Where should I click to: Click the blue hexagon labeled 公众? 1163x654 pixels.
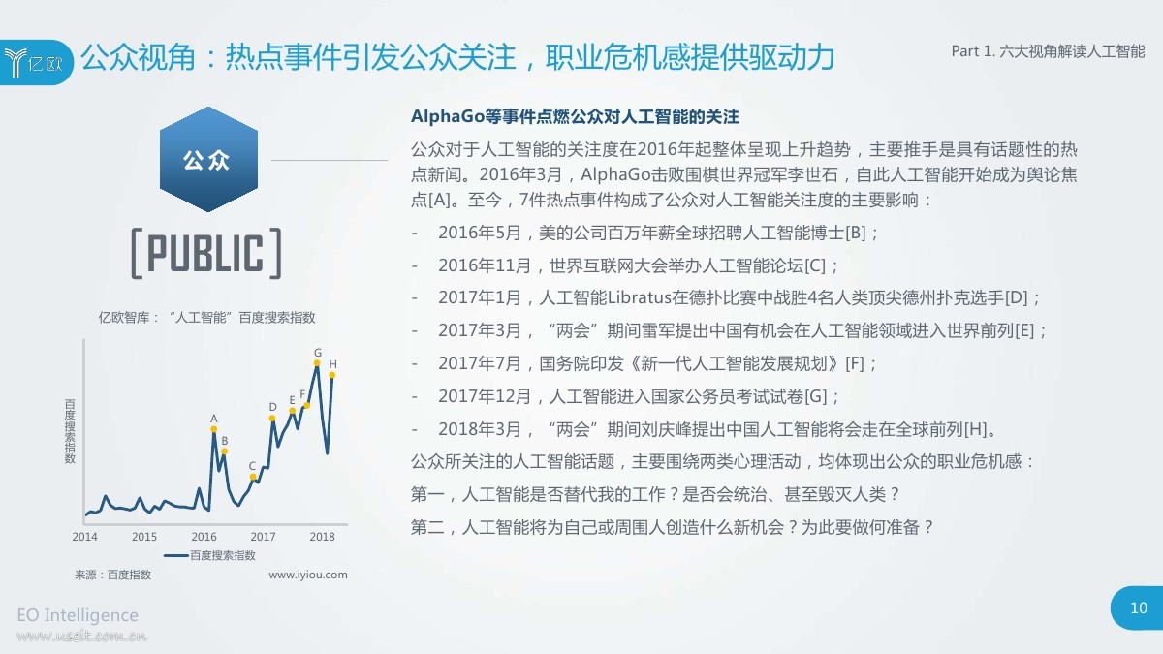pos(207,160)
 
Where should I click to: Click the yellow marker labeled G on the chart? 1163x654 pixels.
pos(317,364)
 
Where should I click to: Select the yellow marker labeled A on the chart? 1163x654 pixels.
pos(214,431)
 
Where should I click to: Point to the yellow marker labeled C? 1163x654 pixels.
pos(253,477)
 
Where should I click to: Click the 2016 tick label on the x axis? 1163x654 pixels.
pos(204,536)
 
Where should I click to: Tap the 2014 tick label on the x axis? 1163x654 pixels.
pos(85,536)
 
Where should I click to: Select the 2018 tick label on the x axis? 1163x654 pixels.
pos(322,536)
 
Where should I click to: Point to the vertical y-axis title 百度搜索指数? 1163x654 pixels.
pos(70,431)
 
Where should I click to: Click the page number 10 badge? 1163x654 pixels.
pos(1139,608)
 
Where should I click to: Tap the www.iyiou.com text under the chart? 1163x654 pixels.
pos(307,575)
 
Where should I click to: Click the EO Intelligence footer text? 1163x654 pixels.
pos(78,615)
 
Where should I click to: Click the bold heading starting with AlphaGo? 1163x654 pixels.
pos(575,117)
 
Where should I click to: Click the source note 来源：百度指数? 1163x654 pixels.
pos(112,575)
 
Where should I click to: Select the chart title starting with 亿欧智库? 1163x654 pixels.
pos(206,317)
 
